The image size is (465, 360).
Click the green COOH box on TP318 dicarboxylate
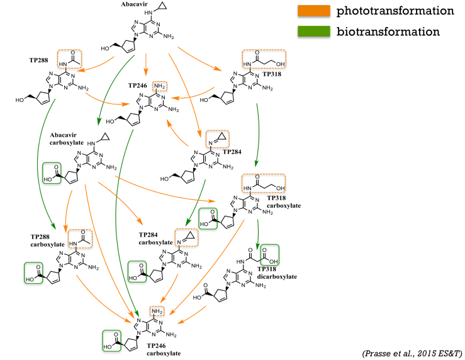tap(269, 256)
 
